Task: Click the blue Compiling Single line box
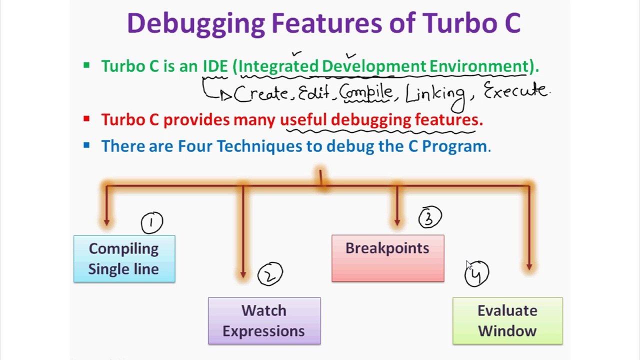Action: (x=124, y=258)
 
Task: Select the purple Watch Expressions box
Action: (x=264, y=320)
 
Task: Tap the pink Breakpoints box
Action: (x=387, y=258)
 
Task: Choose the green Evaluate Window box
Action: (x=507, y=320)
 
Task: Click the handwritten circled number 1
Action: (x=152, y=222)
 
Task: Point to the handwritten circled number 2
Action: (x=270, y=274)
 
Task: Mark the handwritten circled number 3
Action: (x=430, y=217)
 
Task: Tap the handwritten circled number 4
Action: (x=476, y=274)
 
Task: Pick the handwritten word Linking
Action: (x=435, y=94)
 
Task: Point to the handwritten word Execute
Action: (x=515, y=91)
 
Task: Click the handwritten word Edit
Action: (x=314, y=93)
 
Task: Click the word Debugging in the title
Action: (x=195, y=23)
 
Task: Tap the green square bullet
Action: (x=86, y=65)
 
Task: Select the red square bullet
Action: (x=86, y=119)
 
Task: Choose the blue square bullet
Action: (x=86, y=145)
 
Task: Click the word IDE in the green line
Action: (x=215, y=66)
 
